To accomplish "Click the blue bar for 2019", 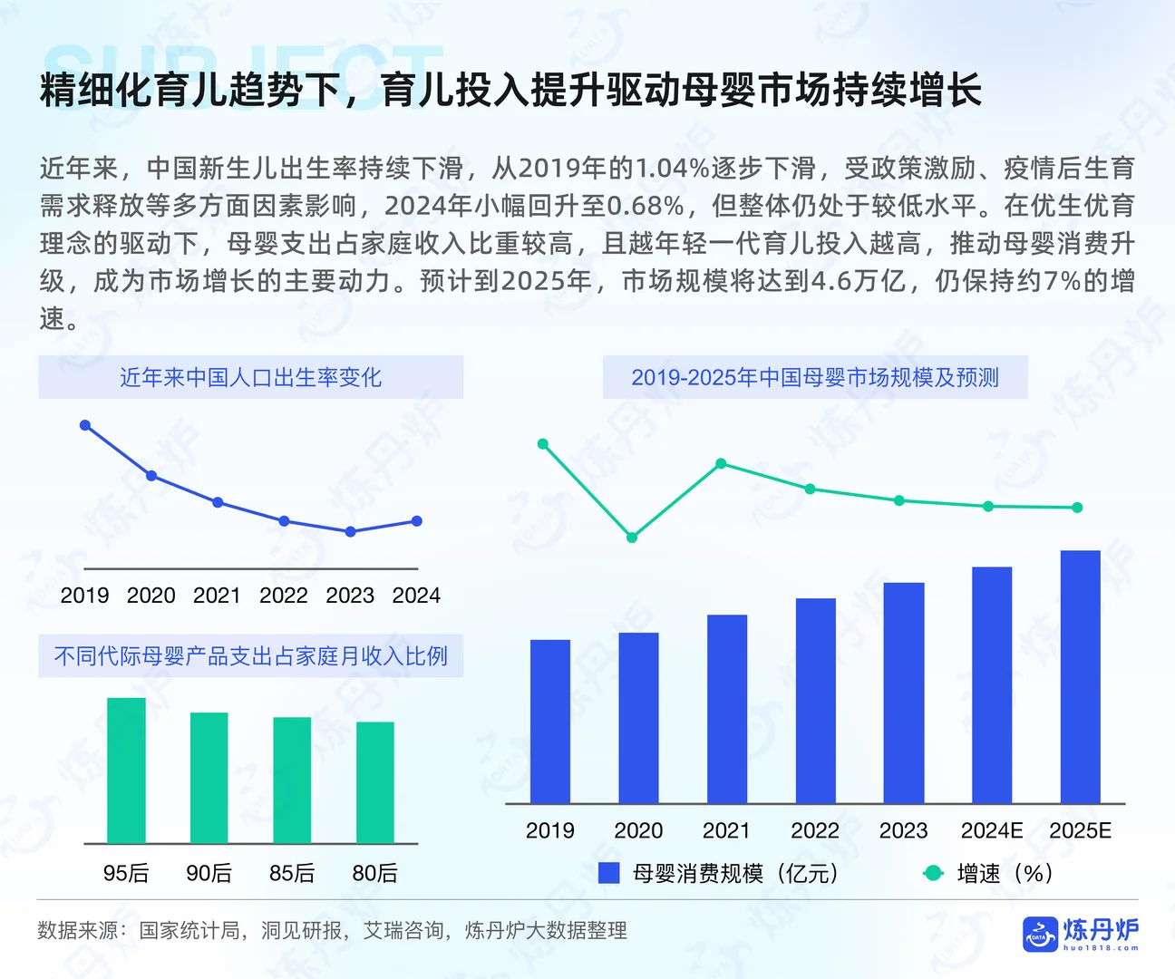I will (x=549, y=722).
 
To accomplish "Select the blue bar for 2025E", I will (x=1080, y=676).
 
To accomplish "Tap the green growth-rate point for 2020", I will (x=632, y=538).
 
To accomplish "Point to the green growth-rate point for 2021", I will (x=721, y=463).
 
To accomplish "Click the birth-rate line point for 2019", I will (x=85, y=425).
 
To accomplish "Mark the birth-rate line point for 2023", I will (x=351, y=532).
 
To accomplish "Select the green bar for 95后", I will (x=126, y=771).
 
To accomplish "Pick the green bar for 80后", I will (x=374, y=782).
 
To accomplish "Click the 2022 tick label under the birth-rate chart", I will (x=284, y=596).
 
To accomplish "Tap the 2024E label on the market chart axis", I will (x=991, y=830).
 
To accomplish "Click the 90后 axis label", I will (x=209, y=873).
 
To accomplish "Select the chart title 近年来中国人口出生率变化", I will (x=250, y=377).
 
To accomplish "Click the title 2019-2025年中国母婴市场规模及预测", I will (x=814, y=377).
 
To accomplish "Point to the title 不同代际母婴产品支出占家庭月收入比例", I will (x=250, y=655).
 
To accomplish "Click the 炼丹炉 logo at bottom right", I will (x=1081, y=933).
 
